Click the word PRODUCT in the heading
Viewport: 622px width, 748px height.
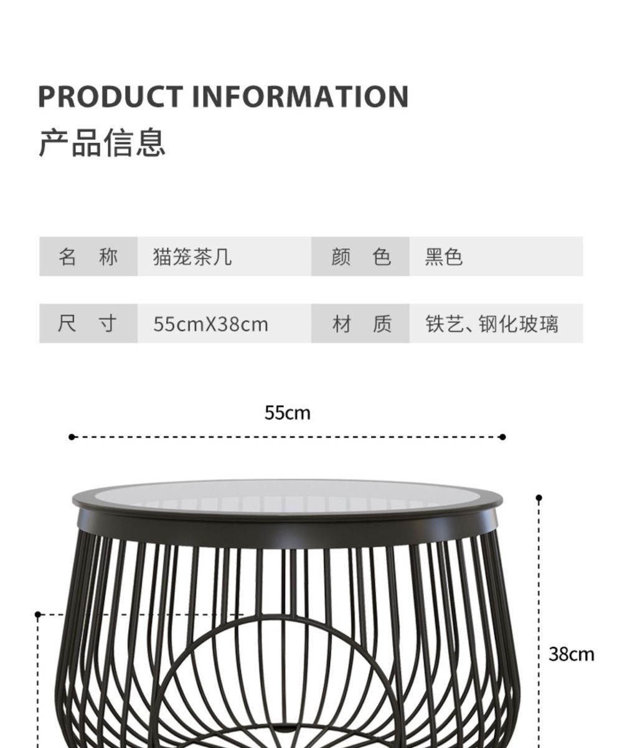pyautogui.click(x=110, y=97)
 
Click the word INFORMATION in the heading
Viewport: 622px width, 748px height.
pyautogui.click(x=299, y=97)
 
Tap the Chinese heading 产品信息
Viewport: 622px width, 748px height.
pyautogui.click(x=102, y=142)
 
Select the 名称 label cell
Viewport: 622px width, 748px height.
pyautogui.click(x=88, y=256)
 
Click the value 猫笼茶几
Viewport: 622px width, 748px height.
pyautogui.click(x=192, y=256)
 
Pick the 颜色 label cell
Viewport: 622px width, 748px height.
pyautogui.click(x=360, y=256)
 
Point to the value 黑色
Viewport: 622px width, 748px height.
pyautogui.click(x=444, y=256)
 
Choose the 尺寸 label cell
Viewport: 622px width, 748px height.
pyautogui.click(x=88, y=324)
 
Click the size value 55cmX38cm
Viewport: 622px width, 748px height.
pyautogui.click(x=210, y=324)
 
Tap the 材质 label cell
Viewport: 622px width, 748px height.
pyautogui.click(x=360, y=324)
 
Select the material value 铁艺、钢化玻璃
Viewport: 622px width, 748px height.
pyautogui.click(x=492, y=324)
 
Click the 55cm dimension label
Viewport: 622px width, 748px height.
pyautogui.click(x=287, y=413)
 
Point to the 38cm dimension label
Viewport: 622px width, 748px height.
pyautogui.click(x=571, y=654)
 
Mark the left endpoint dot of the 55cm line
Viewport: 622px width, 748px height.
pyautogui.click(x=72, y=437)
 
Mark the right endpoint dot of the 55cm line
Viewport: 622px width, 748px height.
pyautogui.click(x=502, y=437)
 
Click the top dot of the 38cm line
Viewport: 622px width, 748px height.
pyautogui.click(x=539, y=498)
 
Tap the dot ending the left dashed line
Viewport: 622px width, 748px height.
pyautogui.click(x=38, y=615)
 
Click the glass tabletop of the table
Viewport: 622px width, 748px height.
pyautogui.click(x=286, y=493)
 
